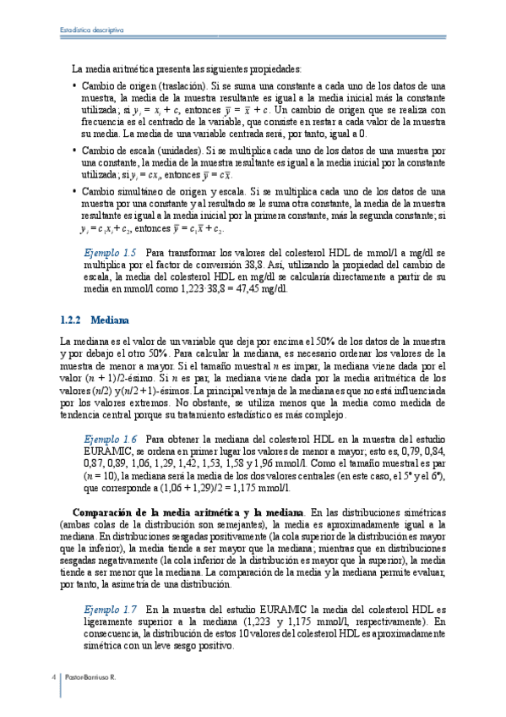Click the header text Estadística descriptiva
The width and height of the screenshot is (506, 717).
click(x=93, y=30)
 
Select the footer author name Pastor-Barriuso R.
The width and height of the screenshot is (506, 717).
click(x=90, y=677)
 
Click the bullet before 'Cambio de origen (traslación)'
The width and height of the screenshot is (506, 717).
click(x=75, y=86)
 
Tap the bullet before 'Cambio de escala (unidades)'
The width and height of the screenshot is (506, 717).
click(x=75, y=151)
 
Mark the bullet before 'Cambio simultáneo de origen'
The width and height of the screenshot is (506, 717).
click(x=75, y=192)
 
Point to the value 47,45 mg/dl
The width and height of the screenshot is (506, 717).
click(x=263, y=288)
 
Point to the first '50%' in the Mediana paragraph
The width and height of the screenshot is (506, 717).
click(x=326, y=341)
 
